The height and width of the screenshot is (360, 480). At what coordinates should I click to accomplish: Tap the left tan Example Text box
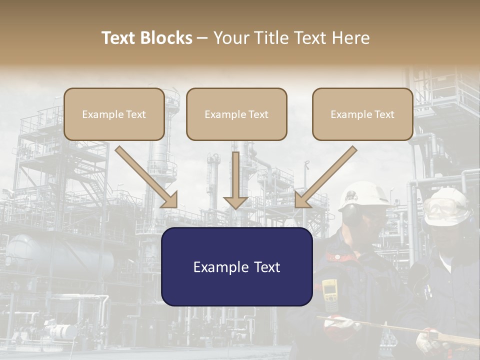click(114, 114)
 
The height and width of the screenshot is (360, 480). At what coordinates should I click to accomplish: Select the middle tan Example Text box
click(236, 114)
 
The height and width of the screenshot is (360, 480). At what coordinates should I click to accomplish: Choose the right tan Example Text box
click(362, 114)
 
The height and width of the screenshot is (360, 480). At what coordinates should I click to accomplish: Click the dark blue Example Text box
click(236, 266)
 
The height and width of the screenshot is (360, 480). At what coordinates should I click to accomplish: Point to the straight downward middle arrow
click(235, 180)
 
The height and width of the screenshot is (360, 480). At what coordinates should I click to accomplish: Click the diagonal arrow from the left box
click(147, 177)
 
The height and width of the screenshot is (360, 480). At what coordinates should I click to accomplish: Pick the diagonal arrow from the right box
click(325, 177)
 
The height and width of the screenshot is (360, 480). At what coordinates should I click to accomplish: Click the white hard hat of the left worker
click(363, 195)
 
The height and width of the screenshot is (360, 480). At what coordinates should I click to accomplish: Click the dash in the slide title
click(202, 38)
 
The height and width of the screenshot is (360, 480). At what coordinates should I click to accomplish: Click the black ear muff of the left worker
click(350, 212)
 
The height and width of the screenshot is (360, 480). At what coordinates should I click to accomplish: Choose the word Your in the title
click(230, 38)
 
